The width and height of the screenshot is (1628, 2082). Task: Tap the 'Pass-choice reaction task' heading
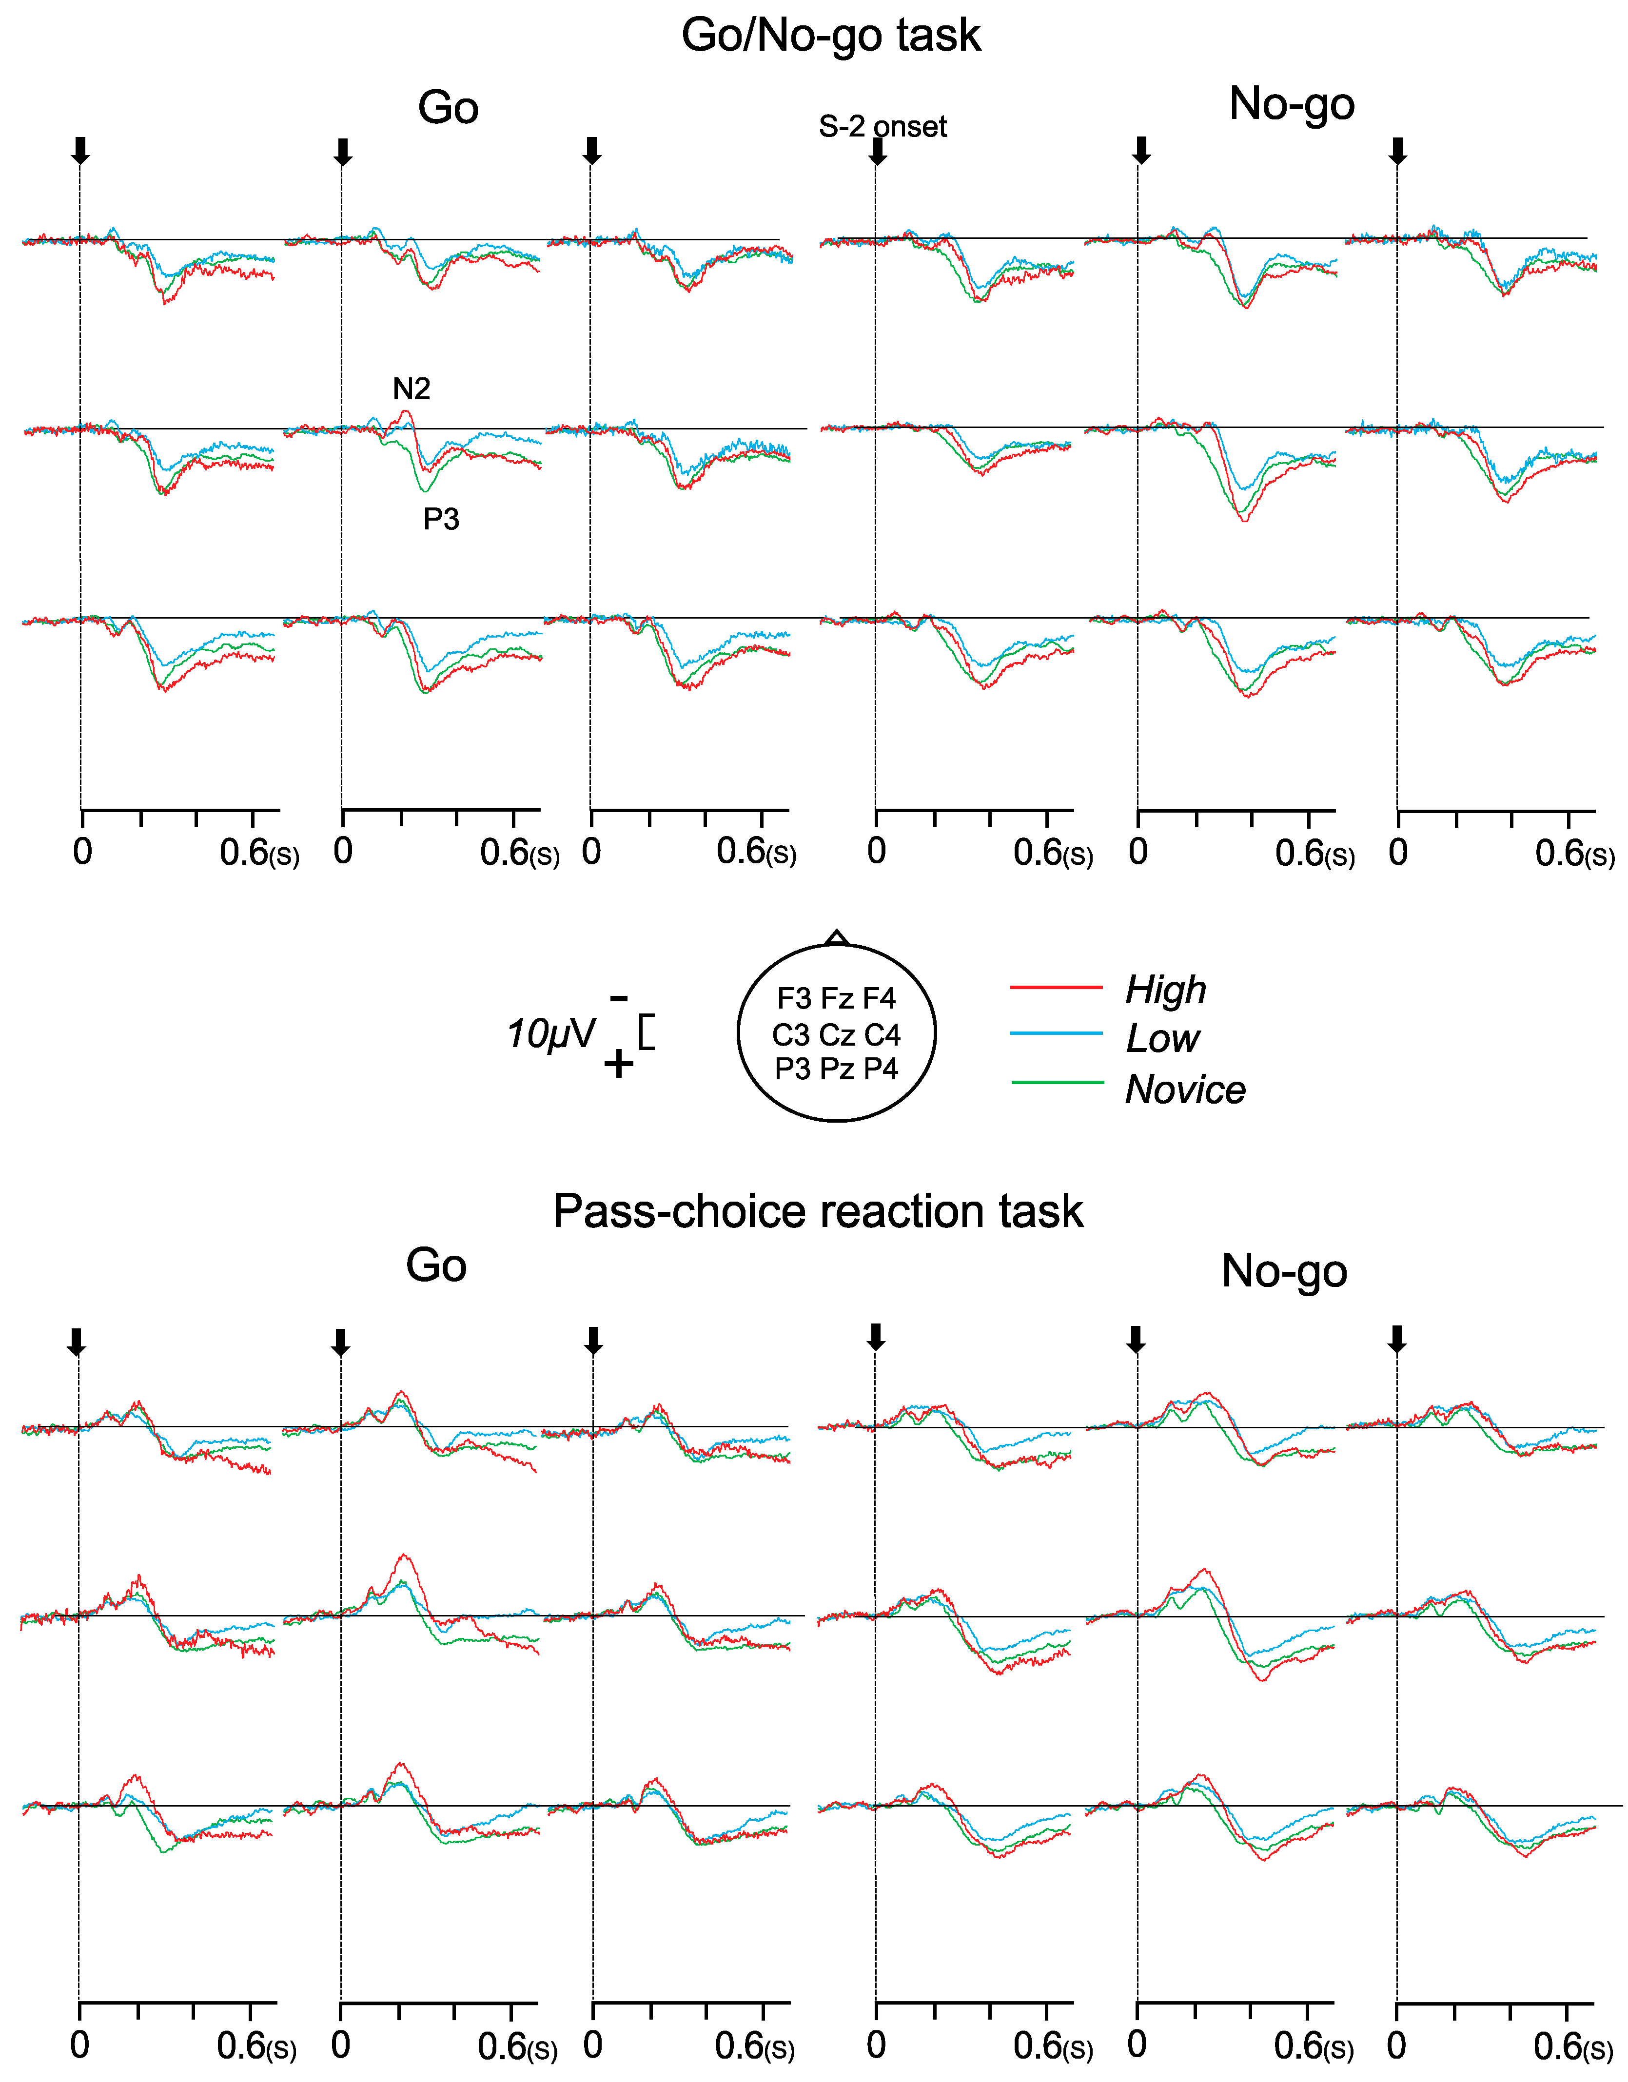pos(817,1212)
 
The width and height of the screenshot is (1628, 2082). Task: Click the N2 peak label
pos(411,389)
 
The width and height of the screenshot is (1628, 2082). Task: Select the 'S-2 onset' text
pos(882,127)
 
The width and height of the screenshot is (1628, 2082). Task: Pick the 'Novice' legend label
pos(1185,1090)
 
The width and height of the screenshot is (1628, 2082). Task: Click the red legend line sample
pos(1056,988)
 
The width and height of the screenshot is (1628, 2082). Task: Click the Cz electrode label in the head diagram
pos(836,1034)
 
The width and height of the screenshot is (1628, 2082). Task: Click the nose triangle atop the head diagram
pos(836,938)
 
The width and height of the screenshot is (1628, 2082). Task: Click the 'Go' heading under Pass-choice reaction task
pos(436,1266)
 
